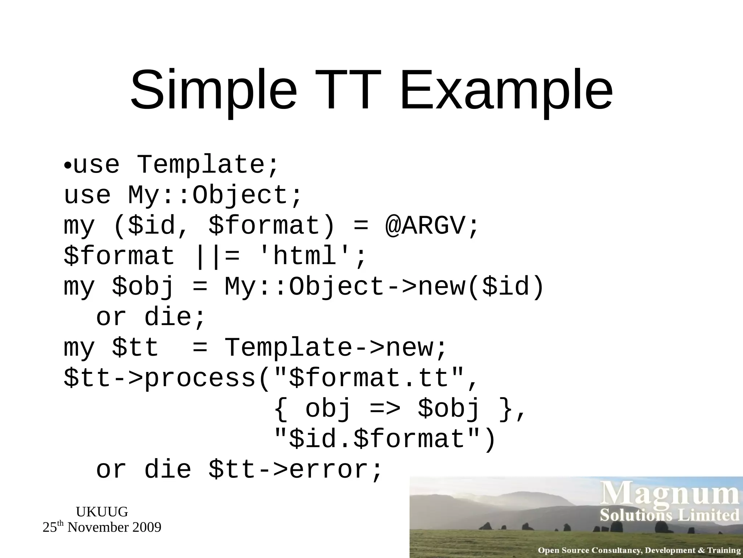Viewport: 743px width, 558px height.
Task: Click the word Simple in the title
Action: (213, 91)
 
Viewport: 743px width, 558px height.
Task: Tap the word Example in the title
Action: (506, 91)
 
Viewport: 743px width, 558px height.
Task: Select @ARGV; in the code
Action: (432, 226)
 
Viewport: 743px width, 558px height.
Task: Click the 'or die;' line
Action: (151, 317)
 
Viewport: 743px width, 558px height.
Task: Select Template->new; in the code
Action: (335, 348)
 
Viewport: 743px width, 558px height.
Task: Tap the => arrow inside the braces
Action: (385, 409)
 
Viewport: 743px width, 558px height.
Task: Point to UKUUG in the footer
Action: (102, 512)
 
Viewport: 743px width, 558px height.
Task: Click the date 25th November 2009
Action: (102, 527)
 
